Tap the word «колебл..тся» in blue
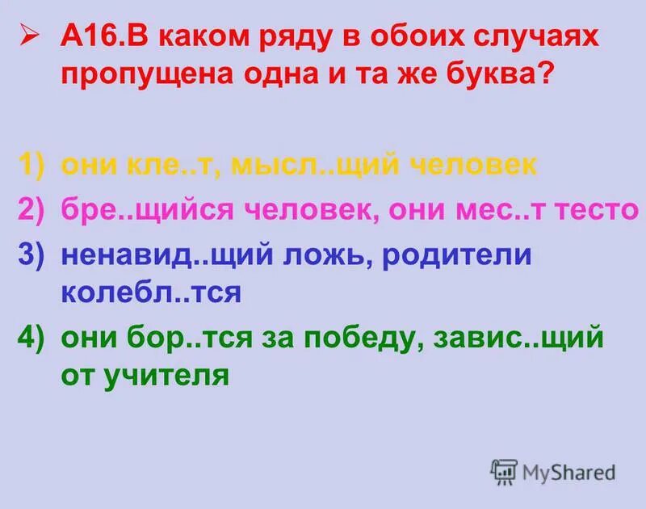(x=151, y=292)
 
